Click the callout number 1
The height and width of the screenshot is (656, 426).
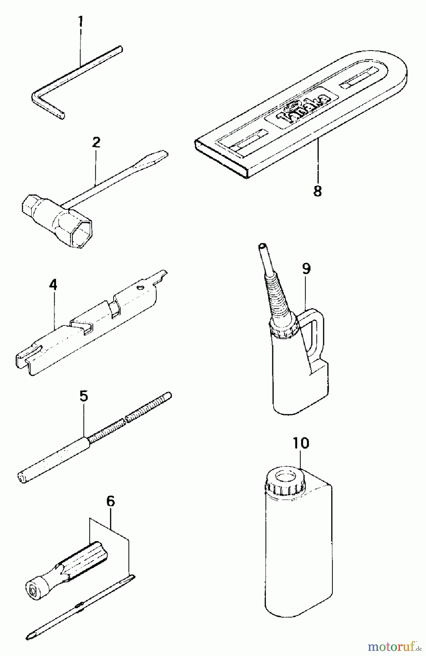(80, 22)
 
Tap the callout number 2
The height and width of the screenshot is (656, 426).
(96, 142)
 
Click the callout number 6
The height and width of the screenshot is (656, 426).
(111, 501)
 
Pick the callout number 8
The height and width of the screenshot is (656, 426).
(317, 191)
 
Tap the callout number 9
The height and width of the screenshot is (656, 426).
(306, 269)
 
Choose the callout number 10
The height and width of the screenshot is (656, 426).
(301, 444)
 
